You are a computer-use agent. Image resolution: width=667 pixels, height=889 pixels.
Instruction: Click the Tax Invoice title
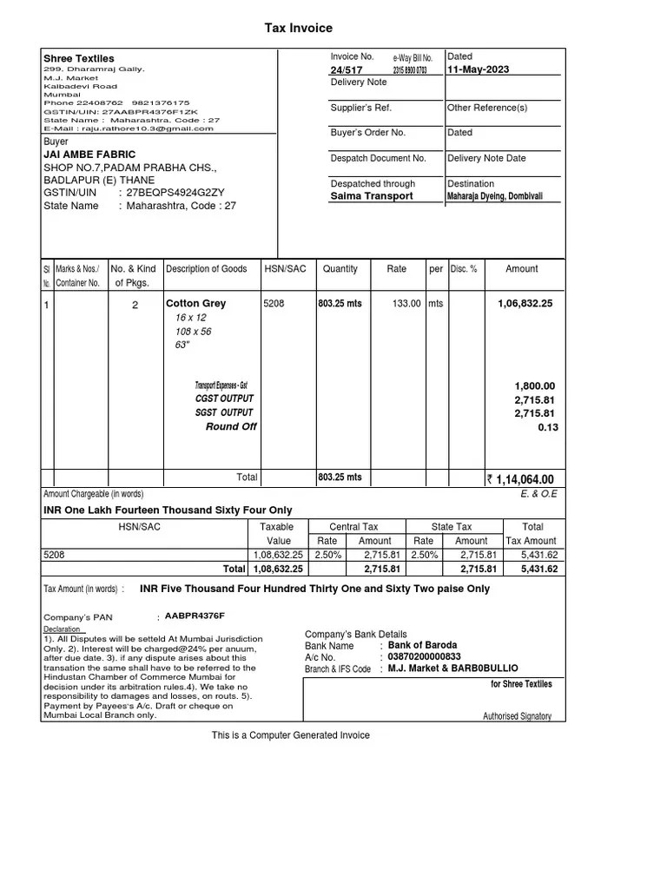[x=298, y=29]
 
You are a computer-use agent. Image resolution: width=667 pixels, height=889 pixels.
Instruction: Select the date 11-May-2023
[x=478, y=69]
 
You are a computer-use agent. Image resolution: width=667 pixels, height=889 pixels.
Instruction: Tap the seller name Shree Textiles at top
[x=78, y=58]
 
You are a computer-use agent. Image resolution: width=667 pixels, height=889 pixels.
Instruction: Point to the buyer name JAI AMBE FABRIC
[x=89, y=155]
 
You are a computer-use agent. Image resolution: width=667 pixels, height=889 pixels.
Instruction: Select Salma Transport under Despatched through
[x=371, y=196]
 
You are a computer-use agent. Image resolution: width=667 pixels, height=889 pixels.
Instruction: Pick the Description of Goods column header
[x=206, y=269]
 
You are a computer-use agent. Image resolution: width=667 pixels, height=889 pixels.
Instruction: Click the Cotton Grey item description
[x=195, y=304]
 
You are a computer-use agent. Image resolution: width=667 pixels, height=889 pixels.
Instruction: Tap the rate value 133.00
[x=406, y=304]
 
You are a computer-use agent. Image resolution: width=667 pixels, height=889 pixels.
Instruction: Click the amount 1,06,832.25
[x=525, y=304]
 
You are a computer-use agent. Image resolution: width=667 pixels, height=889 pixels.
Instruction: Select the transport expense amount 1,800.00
[x=535, y=385]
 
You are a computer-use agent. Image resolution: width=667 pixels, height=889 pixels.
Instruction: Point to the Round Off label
[x=231, y=427]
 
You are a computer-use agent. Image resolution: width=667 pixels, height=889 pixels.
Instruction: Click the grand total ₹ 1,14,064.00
[x=519, y=479]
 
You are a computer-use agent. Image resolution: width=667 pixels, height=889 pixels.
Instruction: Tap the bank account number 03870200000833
[x=424, y=657]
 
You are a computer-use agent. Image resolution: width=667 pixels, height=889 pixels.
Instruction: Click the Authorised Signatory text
[x=517, y=716]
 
